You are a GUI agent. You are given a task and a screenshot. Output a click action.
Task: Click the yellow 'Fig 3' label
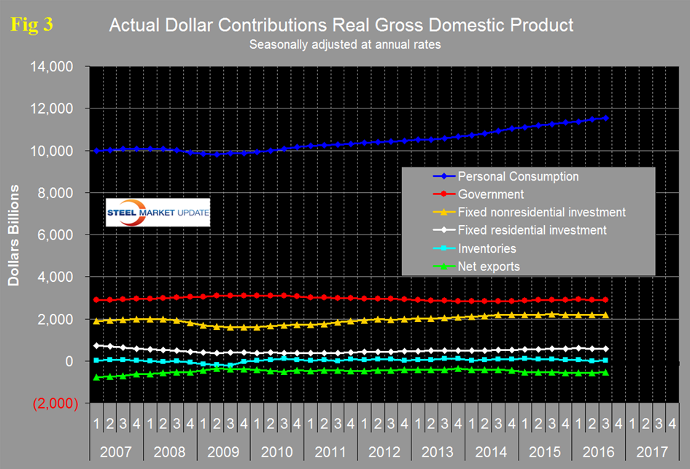click(33, 25)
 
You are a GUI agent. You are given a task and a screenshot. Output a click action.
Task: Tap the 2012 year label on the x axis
click(383, 452)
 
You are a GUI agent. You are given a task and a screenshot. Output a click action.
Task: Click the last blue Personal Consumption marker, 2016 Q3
click(605, 117)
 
